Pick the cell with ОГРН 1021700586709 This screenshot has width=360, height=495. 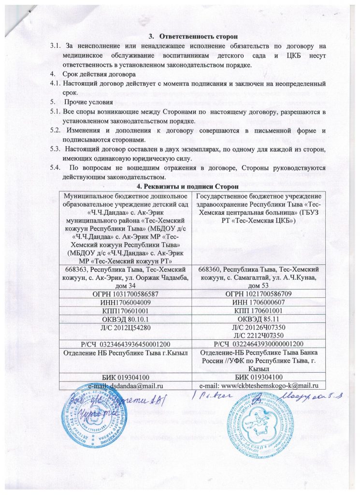(259, 294)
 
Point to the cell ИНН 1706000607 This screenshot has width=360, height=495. (259, 303)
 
